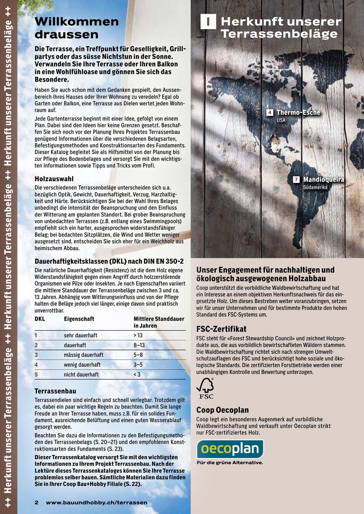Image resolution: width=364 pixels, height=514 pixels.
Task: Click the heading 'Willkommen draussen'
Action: pos(77,27)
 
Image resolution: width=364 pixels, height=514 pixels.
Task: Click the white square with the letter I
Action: pos(208,22)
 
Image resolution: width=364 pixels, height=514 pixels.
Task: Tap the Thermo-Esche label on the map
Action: pos(298,113)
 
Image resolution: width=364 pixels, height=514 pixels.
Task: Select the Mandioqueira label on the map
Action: pos(324,179)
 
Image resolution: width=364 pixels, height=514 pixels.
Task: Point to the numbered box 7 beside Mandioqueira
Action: pos(296,179)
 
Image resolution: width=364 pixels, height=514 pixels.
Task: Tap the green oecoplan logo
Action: pos(230,449)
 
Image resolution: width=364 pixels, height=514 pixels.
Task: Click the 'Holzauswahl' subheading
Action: pos(54,178)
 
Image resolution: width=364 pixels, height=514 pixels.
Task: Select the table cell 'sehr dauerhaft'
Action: pos(80,336)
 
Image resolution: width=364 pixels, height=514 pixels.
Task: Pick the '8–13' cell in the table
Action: pos(139,345)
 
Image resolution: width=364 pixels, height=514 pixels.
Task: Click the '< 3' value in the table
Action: pos(137,375)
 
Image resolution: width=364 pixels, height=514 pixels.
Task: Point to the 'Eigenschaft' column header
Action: pos(79,319)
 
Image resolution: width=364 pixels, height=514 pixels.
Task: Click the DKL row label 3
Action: pos(36,355)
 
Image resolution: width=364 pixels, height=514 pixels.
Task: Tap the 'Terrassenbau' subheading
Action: pos(55,391)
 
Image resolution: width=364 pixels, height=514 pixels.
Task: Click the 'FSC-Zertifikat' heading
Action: pos(221,329)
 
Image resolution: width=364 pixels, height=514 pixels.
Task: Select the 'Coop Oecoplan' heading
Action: pos(222,410)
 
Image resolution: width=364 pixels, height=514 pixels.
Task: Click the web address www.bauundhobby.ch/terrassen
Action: pos(96,503)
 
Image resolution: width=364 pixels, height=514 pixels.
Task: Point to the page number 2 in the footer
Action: pos(36,503)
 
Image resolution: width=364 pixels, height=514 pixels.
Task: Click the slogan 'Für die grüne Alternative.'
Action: pos(230,463)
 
